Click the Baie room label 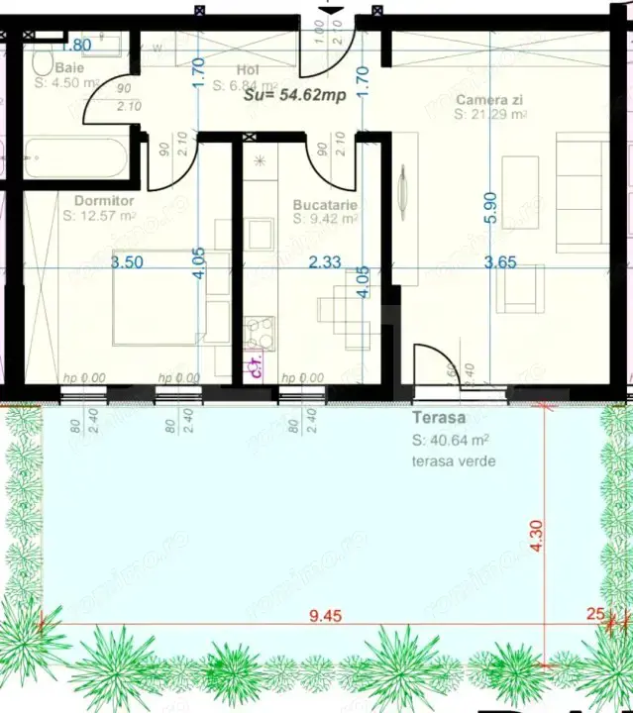pyautogui.click(x=69, y=68)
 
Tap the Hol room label pyautogui.click(x=248, y=70)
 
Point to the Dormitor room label pyautogui.click(x=97, y=200)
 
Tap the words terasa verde pyautogui.click(x=455, y=461)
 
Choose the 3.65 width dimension pyautogui.click(x=501, y=263)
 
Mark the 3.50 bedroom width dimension pyautogui.click(x=127, y=263)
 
